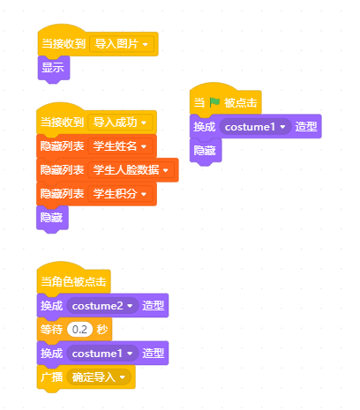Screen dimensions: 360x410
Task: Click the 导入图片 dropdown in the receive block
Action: [122, 44]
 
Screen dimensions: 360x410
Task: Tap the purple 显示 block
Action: [54, 68]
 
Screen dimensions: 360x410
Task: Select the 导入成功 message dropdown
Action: [120, 123]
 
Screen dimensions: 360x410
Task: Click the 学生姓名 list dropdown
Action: [120, 146]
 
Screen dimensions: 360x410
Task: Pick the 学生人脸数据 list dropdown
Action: [131, 170]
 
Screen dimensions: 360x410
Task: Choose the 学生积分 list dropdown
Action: [120, 194]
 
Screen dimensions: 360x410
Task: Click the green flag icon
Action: [214, 102]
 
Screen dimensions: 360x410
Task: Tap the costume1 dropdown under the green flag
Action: [255, 127]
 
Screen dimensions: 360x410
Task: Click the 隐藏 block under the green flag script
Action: [206, 151]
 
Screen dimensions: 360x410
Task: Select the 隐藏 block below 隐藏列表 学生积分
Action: [52, 218]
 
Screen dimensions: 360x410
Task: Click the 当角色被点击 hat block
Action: [73, 279]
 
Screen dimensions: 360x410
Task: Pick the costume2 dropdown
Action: [102, 306]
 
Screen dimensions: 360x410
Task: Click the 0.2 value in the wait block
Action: [79, 330]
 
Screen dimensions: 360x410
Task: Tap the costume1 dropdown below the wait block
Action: [102, 354]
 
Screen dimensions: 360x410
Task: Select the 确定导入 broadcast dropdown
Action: [99, 377]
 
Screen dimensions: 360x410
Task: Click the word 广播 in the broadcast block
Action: [52, 377]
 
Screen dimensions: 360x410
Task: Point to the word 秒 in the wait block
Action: [102, 330]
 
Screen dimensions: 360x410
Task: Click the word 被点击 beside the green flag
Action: [241, 103]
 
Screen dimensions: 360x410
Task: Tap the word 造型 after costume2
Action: [154, 306]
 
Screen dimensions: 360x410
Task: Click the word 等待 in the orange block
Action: [52, 330]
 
